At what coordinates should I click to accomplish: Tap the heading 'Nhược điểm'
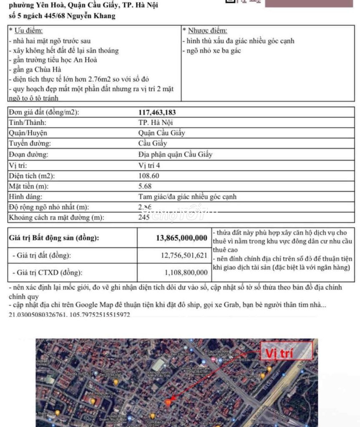(x=207, y=31)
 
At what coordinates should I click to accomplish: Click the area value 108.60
(x=149, y=176)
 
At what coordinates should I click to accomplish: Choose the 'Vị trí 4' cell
(x=149, y=165)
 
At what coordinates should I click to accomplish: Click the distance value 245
(x=144, y=217)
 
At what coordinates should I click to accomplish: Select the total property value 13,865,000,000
(x=181, y=238)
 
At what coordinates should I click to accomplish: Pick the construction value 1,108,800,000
(x=186, y=273)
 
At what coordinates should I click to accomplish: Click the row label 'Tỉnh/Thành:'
(x=28, y=123)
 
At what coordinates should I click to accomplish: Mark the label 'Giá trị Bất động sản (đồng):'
(x=54, y=238)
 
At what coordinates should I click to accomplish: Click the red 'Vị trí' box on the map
(x=286, y=352)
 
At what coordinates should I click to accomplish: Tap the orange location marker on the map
(x=169, y=402)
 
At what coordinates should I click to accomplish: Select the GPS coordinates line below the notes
(x=69, y=315)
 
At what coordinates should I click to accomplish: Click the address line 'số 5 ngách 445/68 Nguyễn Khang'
(x=62, y=16)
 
